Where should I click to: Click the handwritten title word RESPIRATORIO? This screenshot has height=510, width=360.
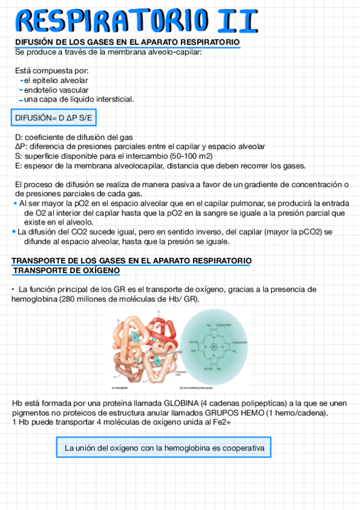coord(114,20)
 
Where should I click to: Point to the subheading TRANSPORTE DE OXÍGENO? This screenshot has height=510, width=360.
coord(66,271)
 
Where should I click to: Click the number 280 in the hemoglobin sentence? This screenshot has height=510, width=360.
coord(68,299)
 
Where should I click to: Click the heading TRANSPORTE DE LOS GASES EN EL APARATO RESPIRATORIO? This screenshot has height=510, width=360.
coord(132,260)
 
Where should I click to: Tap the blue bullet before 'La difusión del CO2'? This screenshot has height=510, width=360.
coord(14,232)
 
